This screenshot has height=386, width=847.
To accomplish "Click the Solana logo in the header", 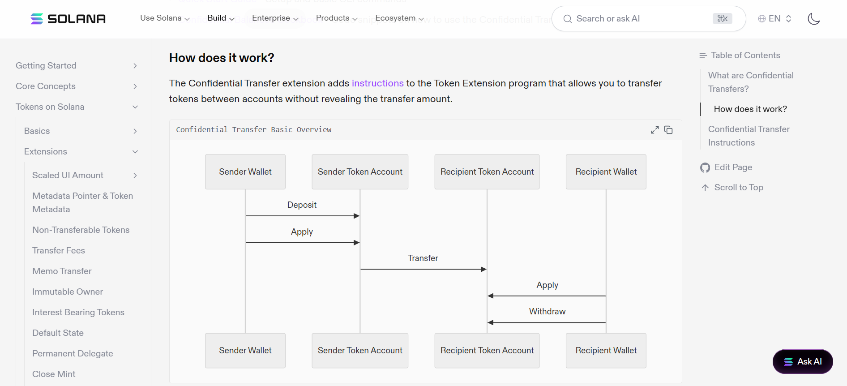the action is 68,19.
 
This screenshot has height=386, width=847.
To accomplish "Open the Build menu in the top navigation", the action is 221,18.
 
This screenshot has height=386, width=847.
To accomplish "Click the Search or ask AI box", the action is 649,19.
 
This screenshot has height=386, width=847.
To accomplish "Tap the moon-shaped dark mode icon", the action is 813,19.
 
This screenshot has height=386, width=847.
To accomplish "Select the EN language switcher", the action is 775,19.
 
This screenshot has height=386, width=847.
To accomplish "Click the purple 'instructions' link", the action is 377,83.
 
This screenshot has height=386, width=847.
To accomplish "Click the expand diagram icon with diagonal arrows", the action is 655,130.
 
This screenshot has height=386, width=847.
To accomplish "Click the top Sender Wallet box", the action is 245,172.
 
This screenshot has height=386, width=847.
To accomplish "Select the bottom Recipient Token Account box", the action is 487,351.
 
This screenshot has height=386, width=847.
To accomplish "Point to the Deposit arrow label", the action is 302,205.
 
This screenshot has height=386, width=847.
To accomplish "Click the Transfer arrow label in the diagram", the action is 423,258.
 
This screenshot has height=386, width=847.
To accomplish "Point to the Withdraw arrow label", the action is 547,312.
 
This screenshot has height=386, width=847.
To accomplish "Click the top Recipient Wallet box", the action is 606,172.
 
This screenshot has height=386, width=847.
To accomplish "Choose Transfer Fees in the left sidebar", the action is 59,251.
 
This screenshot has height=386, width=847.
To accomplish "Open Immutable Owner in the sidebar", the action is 68,292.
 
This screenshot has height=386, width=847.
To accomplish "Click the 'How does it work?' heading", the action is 222,58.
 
